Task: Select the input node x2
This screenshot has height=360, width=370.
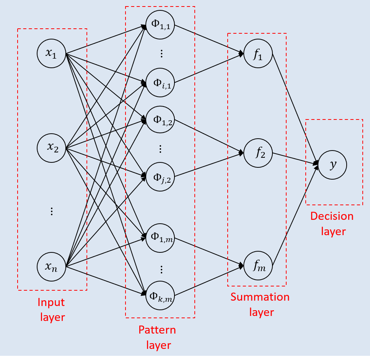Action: point(51,147)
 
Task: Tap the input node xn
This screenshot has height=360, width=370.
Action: point(51,266)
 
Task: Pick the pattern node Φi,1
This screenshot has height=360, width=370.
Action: point(160,82)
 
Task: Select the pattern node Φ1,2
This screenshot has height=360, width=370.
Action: point(160,120)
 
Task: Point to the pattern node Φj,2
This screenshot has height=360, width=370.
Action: point(160,177)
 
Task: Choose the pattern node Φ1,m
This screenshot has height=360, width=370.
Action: point(160,237)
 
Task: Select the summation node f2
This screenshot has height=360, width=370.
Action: point(258,154)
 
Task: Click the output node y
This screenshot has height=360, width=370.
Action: point(333,165)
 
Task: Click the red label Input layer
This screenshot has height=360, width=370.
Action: point(51,309)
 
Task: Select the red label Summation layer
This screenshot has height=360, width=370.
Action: point(260,304)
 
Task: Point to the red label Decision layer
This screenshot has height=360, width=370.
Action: point(332,224)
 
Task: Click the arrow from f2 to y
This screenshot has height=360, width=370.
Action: point(295,159)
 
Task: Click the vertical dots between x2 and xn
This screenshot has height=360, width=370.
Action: point(52,211)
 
